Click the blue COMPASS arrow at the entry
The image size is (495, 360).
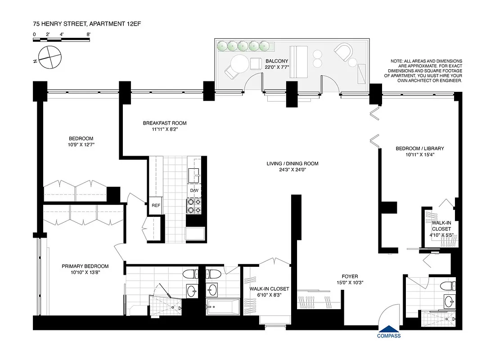[x=388, y=329]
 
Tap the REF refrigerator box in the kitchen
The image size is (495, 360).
[x=156, y=206]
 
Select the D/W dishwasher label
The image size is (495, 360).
[x=194, y=190]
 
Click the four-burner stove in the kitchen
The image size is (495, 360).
[x=194, y=206]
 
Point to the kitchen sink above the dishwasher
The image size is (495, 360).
[x=195, y=173]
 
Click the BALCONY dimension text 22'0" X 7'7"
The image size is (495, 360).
[x=277, y=67]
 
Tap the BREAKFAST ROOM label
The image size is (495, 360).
[x=165, y=123]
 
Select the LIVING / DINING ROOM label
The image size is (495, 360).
[x=292, y=163]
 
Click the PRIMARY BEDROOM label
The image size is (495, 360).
[x=85, y=266]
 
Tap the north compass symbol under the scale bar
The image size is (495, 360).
[x=49, y=57]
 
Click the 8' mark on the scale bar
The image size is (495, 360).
[x=89, y=34]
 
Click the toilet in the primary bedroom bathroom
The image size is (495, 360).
[x=189, y=274]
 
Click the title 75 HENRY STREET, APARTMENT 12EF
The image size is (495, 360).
[x=83, y=22]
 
